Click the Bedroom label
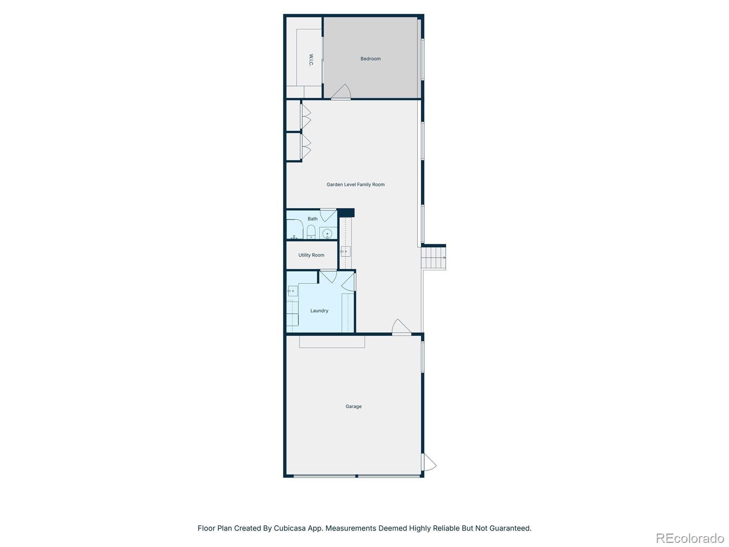coord(370,59)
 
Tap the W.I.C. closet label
coord(311,60)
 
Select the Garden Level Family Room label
coord(355,185)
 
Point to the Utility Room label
coord(311,255)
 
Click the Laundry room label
coord(319,311)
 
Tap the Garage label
coord(354,407)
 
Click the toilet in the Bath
coord(311,232)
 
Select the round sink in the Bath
coord(327,234)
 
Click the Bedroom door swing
coord(342,92)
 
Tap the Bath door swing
coord(328,215)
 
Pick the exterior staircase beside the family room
coord(433,258)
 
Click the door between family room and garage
coord(401,327)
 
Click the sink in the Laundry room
coord(293,291)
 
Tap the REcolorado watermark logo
coord(690,538)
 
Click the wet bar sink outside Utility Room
coord(345,251)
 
